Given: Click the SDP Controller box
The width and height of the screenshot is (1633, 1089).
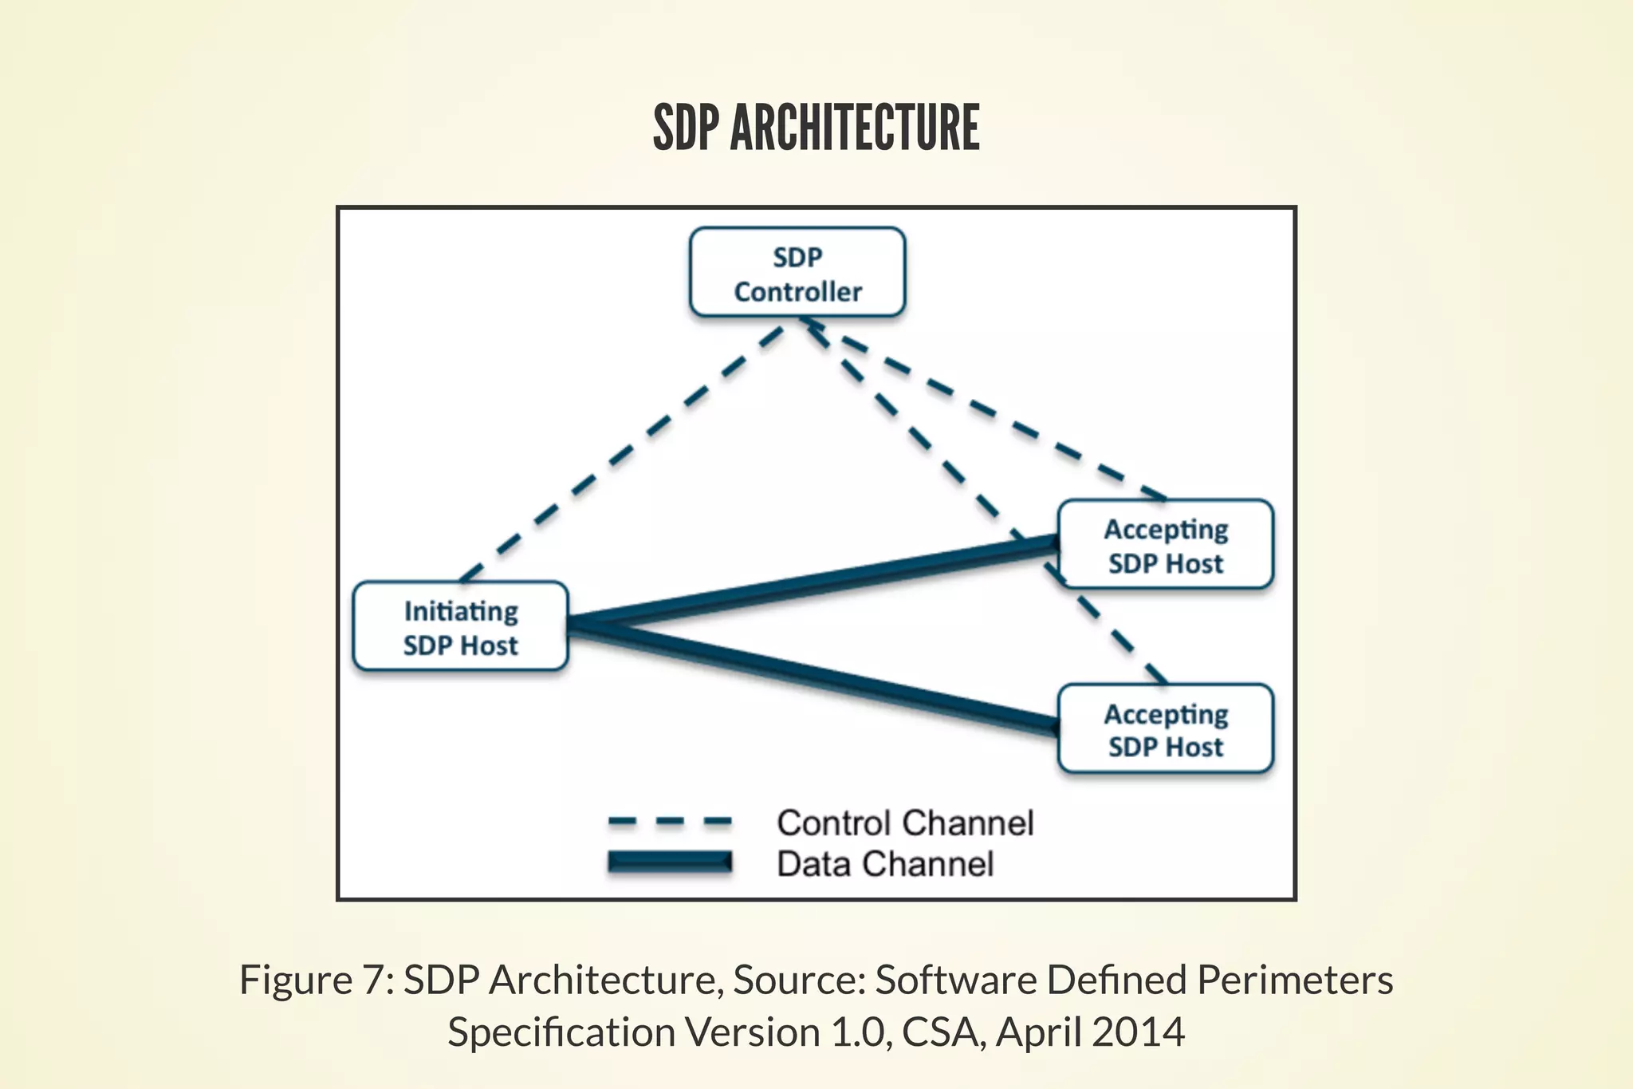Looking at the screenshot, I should [797, 273].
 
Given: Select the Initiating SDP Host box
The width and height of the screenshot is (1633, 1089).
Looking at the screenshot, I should [460, 626].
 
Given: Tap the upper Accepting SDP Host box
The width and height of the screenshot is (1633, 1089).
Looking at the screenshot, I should [1165, 545].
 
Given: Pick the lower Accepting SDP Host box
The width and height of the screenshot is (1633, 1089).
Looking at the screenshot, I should [1165, 728].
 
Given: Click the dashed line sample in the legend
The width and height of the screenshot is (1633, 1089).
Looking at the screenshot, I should [669, 822].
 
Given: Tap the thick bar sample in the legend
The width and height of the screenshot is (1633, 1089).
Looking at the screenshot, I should [669, 862].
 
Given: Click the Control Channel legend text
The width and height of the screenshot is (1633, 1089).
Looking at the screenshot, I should [905, 823].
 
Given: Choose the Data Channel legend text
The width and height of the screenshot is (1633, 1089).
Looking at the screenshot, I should [885, 864].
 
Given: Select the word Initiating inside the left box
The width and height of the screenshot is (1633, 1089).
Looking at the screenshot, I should [461, 611].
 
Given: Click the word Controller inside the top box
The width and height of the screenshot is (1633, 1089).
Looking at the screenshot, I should [797, 292].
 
